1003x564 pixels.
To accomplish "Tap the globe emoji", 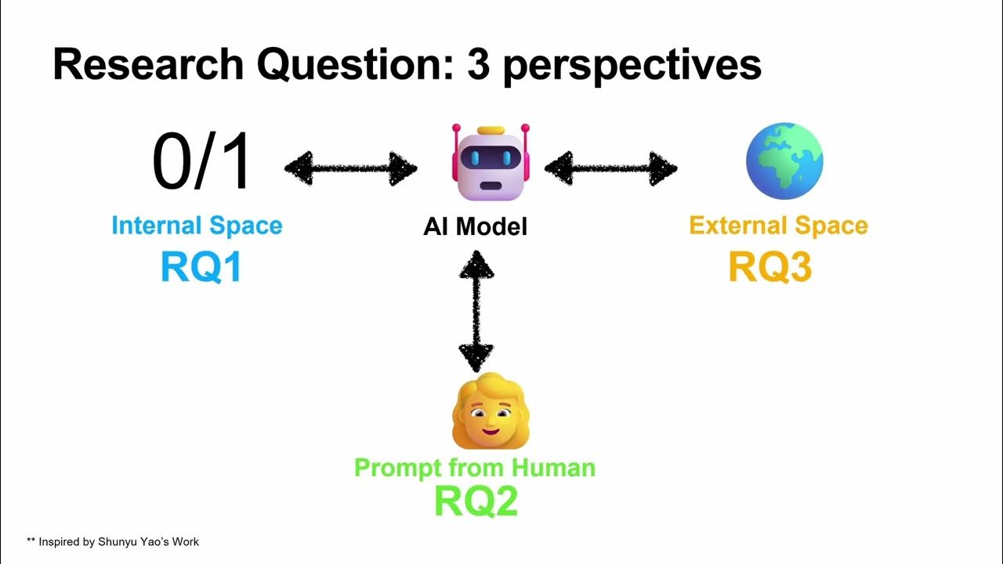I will (x=784, y=161).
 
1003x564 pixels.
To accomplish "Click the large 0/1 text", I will (x=202, y=162).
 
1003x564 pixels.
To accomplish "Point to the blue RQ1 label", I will (x=201, y=267).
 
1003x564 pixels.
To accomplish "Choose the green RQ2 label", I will (x=476, y=501).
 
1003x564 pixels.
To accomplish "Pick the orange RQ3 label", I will (x=769, y=267).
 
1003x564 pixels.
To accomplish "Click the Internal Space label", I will (x=197, y=226).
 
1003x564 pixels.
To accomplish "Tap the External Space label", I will (x=778, y=226).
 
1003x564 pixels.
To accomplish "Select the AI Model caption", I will (x=476, y=227).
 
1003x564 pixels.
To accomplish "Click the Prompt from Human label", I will (x=475, y=468).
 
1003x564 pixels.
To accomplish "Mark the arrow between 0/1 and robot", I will (x=350, y=168).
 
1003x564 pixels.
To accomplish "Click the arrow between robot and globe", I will (x=611, y=168).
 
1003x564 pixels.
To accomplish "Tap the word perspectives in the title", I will (x=632, y=66).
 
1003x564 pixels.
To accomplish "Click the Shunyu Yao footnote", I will (x=113, y=541).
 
